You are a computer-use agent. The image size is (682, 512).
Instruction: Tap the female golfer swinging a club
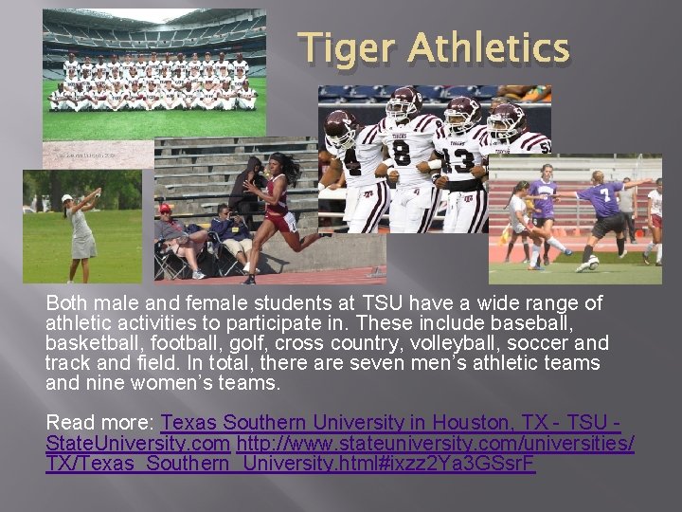pyautogui.click(x=81, y=229)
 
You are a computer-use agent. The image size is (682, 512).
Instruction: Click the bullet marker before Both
pyautogui.click(x=36, y=304)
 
